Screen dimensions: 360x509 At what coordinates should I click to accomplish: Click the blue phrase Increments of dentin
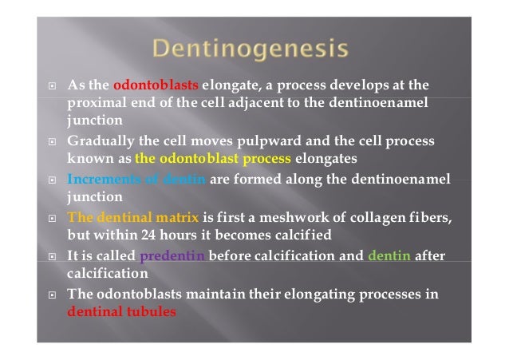coord(137,179)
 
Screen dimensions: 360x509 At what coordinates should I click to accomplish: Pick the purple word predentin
coord(172,256)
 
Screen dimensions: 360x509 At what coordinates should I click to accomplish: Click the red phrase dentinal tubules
coord(121,312)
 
